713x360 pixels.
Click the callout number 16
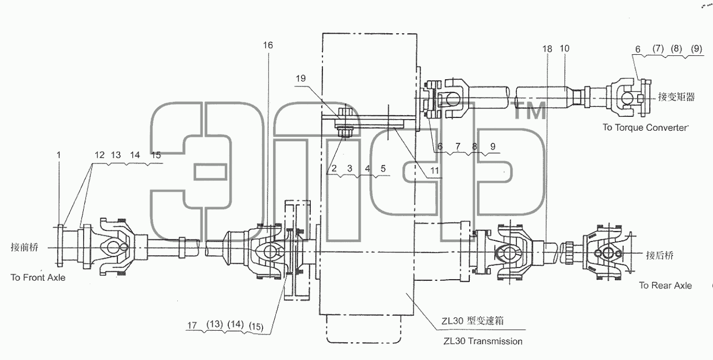pyautogui.click(x=268, y=45)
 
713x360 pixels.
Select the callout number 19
pyautogui.click(x=300, y=78)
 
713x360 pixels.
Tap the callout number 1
pyautogui.click(x=59, y=155)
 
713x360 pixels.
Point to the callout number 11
pyautogui.click(x=435, y=171)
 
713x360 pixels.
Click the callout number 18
pyautogui.click(x=547, y=49)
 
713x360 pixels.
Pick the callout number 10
pyautogui.click(x=565, y=48)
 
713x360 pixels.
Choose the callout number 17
pyautogui.click(x=192, y=325)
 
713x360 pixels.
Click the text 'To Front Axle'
pyautogui.click(x=38, y=277)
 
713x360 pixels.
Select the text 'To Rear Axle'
pyautogui.click(x=665, y=286)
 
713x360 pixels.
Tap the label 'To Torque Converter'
pyautogui.click(x=645, y=127)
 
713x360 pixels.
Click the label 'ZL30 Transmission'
pyautogui.click(x=483, y=341)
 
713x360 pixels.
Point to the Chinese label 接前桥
pyautogui.click(x=24, y=247)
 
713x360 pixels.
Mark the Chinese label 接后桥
pyautogui.click(x=660, y=255)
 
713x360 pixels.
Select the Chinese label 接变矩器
pyautogui.click(x=676, y=97)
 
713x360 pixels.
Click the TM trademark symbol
pyautogui.click(x=528, y=110)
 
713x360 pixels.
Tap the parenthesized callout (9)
pyautogui.click(x=696, y=49)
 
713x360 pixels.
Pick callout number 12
pyautogui.click(x=99, y=155)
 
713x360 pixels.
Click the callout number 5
pyautogui.click(x=383, y=168)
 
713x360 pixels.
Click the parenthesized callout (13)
pyautogui.click(x=214, y=324)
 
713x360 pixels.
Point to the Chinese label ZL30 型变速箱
pyautogui.click(x=473, y=321)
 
